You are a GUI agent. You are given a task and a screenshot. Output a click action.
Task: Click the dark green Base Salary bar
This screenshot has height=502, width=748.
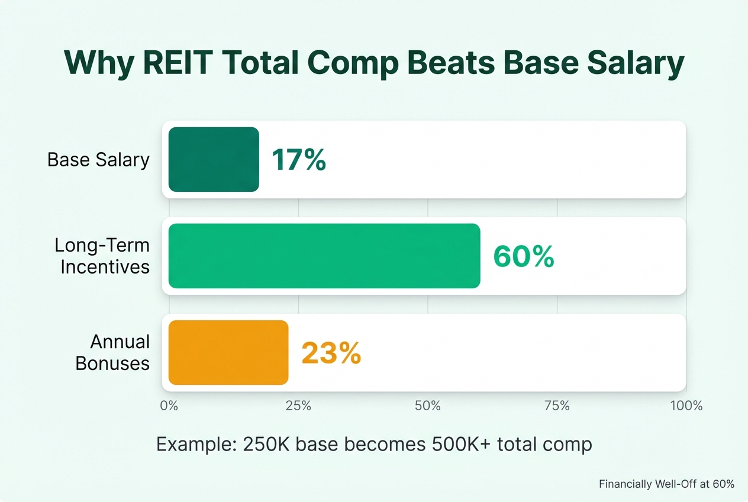click(214, 159)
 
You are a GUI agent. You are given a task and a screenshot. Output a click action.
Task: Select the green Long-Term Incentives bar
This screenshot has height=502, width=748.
click(324, 256)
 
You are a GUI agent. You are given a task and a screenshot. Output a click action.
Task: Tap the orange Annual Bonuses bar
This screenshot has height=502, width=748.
click(228, 352)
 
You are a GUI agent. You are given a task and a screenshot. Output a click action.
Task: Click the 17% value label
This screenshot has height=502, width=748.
click(298, 160)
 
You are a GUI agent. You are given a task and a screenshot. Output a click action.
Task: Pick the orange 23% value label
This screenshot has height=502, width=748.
click(331, 353)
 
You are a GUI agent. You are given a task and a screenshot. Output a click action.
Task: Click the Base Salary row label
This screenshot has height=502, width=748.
click(98, 160)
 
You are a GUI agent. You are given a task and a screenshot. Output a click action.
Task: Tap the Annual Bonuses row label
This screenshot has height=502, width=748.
click(112, 352)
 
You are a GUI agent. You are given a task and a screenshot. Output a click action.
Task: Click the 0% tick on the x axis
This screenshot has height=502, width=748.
click(169, 406)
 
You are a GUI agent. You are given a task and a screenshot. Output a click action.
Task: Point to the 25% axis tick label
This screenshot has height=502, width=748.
click(298, 406)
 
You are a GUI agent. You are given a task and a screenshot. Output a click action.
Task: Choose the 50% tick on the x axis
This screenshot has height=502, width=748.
click(427, 406)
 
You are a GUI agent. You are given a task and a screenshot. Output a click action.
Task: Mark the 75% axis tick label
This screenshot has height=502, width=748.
click(557, 406)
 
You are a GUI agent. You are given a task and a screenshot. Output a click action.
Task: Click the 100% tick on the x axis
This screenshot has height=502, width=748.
click(685, 406)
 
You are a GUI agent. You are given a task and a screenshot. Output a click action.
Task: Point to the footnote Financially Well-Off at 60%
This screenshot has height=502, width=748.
click(666, 484)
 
